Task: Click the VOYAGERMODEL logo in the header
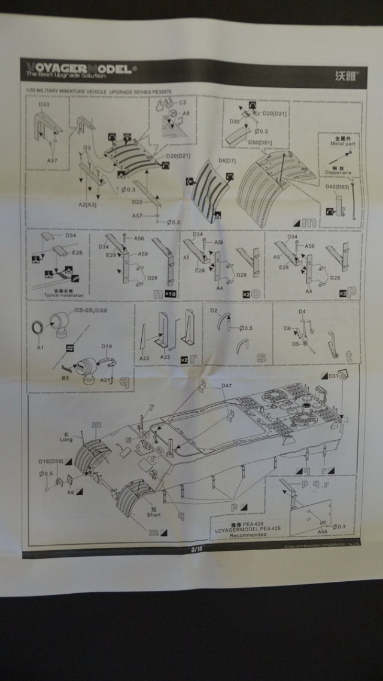(78, 69)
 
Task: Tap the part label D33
(44, 105)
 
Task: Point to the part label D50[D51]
(261, 143)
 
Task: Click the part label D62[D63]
(338, 187)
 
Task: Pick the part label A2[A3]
(87, 204)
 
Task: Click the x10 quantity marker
(169, 295)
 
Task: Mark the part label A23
(166, 357)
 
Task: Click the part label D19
(107, 346)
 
